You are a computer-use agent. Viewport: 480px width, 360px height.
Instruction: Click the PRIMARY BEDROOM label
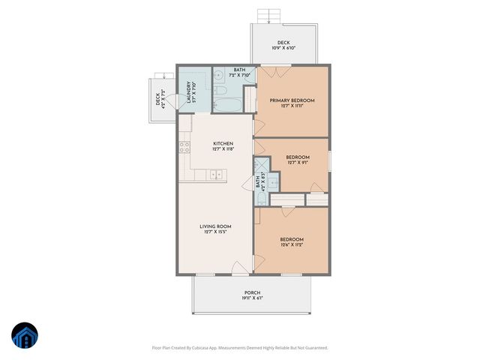tap(292, 100)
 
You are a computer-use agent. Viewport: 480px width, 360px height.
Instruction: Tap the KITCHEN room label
tap(223, 143)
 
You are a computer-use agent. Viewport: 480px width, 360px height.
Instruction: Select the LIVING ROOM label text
tap(215, 226)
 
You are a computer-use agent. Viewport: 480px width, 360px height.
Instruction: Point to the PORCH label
tap(253, 292)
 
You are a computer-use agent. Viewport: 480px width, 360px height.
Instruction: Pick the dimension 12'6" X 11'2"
tap(292, 244)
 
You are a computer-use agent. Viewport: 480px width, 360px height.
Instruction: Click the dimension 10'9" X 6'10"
tap(283, 48)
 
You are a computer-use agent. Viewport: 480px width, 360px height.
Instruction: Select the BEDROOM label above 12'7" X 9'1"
tap(298, 157)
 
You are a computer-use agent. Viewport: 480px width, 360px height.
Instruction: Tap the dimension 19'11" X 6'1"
tap(253, 298)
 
